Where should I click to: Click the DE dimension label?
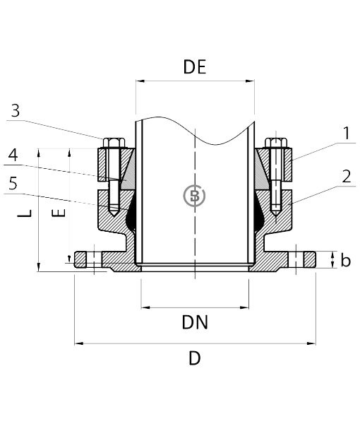(195, 67)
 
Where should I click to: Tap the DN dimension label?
(195, 322)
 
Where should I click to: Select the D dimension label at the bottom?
(194, 358)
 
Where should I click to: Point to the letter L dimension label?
(25, 213)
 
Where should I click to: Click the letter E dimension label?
(59, 213)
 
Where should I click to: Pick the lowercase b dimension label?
(345, 260)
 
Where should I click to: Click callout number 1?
(347, 134)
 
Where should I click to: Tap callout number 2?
(347, 176)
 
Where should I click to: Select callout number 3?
(16, 110)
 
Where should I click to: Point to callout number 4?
(13, 155)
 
